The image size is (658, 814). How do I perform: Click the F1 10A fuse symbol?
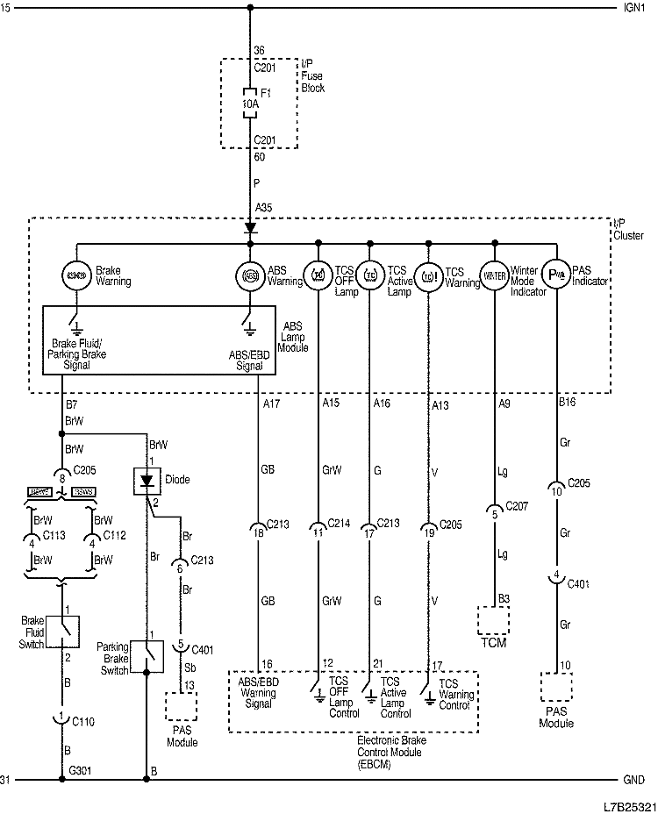[x=250, y=104]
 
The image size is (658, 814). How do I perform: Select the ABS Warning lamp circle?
[x=250, y=275]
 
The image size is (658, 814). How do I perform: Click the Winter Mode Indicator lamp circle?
[x=495, y=275]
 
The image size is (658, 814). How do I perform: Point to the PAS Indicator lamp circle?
[x=556, y=275]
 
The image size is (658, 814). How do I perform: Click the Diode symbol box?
[x=146, y=482]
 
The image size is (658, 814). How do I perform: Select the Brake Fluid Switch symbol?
[x=63, y=630]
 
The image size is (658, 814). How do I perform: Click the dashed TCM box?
[x=495, y=619]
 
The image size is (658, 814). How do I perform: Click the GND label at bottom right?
[x=633, y=779]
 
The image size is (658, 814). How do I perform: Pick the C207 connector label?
[x=518, y=508]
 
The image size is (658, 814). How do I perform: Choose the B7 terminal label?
[x=73, y=406]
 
